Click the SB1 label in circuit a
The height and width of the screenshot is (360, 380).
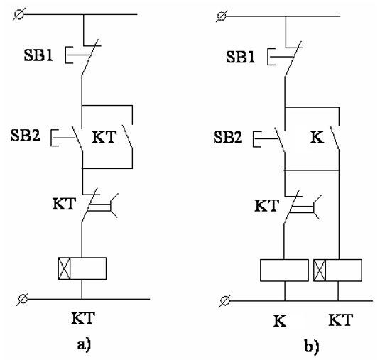click(x=38, y=55)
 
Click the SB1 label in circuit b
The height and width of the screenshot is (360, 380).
click(x=240, y=58)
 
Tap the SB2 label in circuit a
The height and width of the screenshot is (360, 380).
click(x=25, y=135)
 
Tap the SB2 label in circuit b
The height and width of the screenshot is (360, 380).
click(x=227, y=137)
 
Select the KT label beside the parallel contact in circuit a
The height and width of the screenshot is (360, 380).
click(x=104, y=137)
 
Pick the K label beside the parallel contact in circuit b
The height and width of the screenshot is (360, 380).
click(x=317, y=137)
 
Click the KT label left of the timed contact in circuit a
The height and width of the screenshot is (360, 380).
click(x=64, y=204)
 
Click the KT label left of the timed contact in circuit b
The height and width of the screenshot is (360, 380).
click(x=266, y=206)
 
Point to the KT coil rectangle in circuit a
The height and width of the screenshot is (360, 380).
click(x=82, y=268)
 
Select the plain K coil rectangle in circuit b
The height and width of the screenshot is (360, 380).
click(x=284, y=271)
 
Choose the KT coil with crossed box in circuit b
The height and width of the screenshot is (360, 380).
click(x=337, y=271)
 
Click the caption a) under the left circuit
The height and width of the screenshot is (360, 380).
click(x=84, y=344)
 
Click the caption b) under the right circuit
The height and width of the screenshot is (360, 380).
click(x=312, y=346)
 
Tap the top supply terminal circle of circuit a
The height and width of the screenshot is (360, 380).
click(x=19, y=14)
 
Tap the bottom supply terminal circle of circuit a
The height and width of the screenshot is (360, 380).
click(x=23, y=299)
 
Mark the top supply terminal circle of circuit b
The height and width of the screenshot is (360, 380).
click(x=222, y=16)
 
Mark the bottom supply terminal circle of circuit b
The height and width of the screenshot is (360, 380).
click(x=225, y=301)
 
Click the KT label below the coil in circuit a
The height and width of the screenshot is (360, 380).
click(x=83, y=318)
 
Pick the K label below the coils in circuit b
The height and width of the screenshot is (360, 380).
click(x=280, y=321)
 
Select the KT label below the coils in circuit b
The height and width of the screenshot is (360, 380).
click(x=341, y=320)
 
